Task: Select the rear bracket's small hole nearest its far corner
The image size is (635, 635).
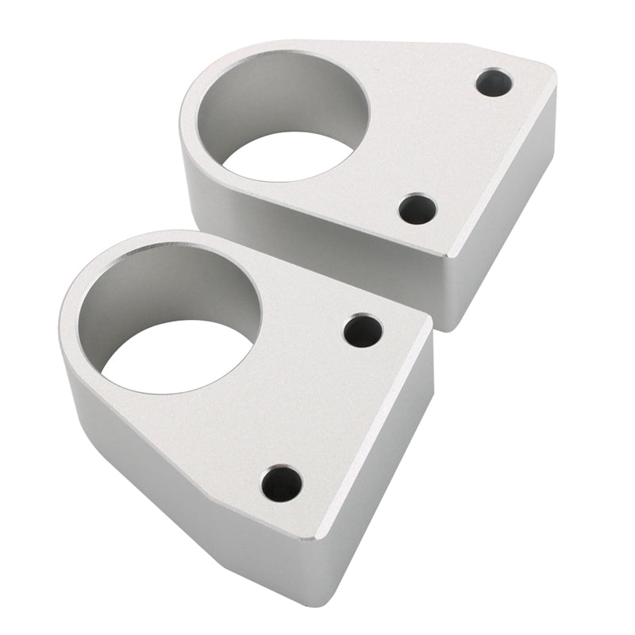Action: (x=494, y=82)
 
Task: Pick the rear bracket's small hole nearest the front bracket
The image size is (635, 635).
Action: (x=418, y=209)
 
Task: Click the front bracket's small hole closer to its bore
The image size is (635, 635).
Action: (x=363, y=330)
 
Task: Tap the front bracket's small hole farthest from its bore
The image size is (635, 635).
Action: (x=282, y=483)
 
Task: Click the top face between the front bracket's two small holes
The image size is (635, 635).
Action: (x=325, y=405)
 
